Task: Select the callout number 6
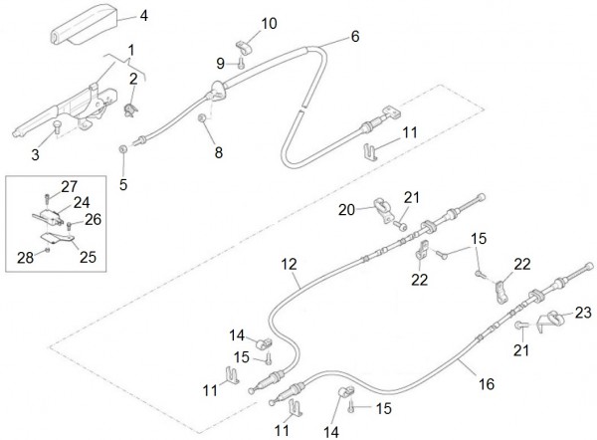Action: point(355,39)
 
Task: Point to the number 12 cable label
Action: point(289,265)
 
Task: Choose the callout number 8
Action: point(219,153)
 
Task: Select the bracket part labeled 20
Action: point(383,208)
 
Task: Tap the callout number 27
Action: point(68,186)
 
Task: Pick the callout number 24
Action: point(82,201)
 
